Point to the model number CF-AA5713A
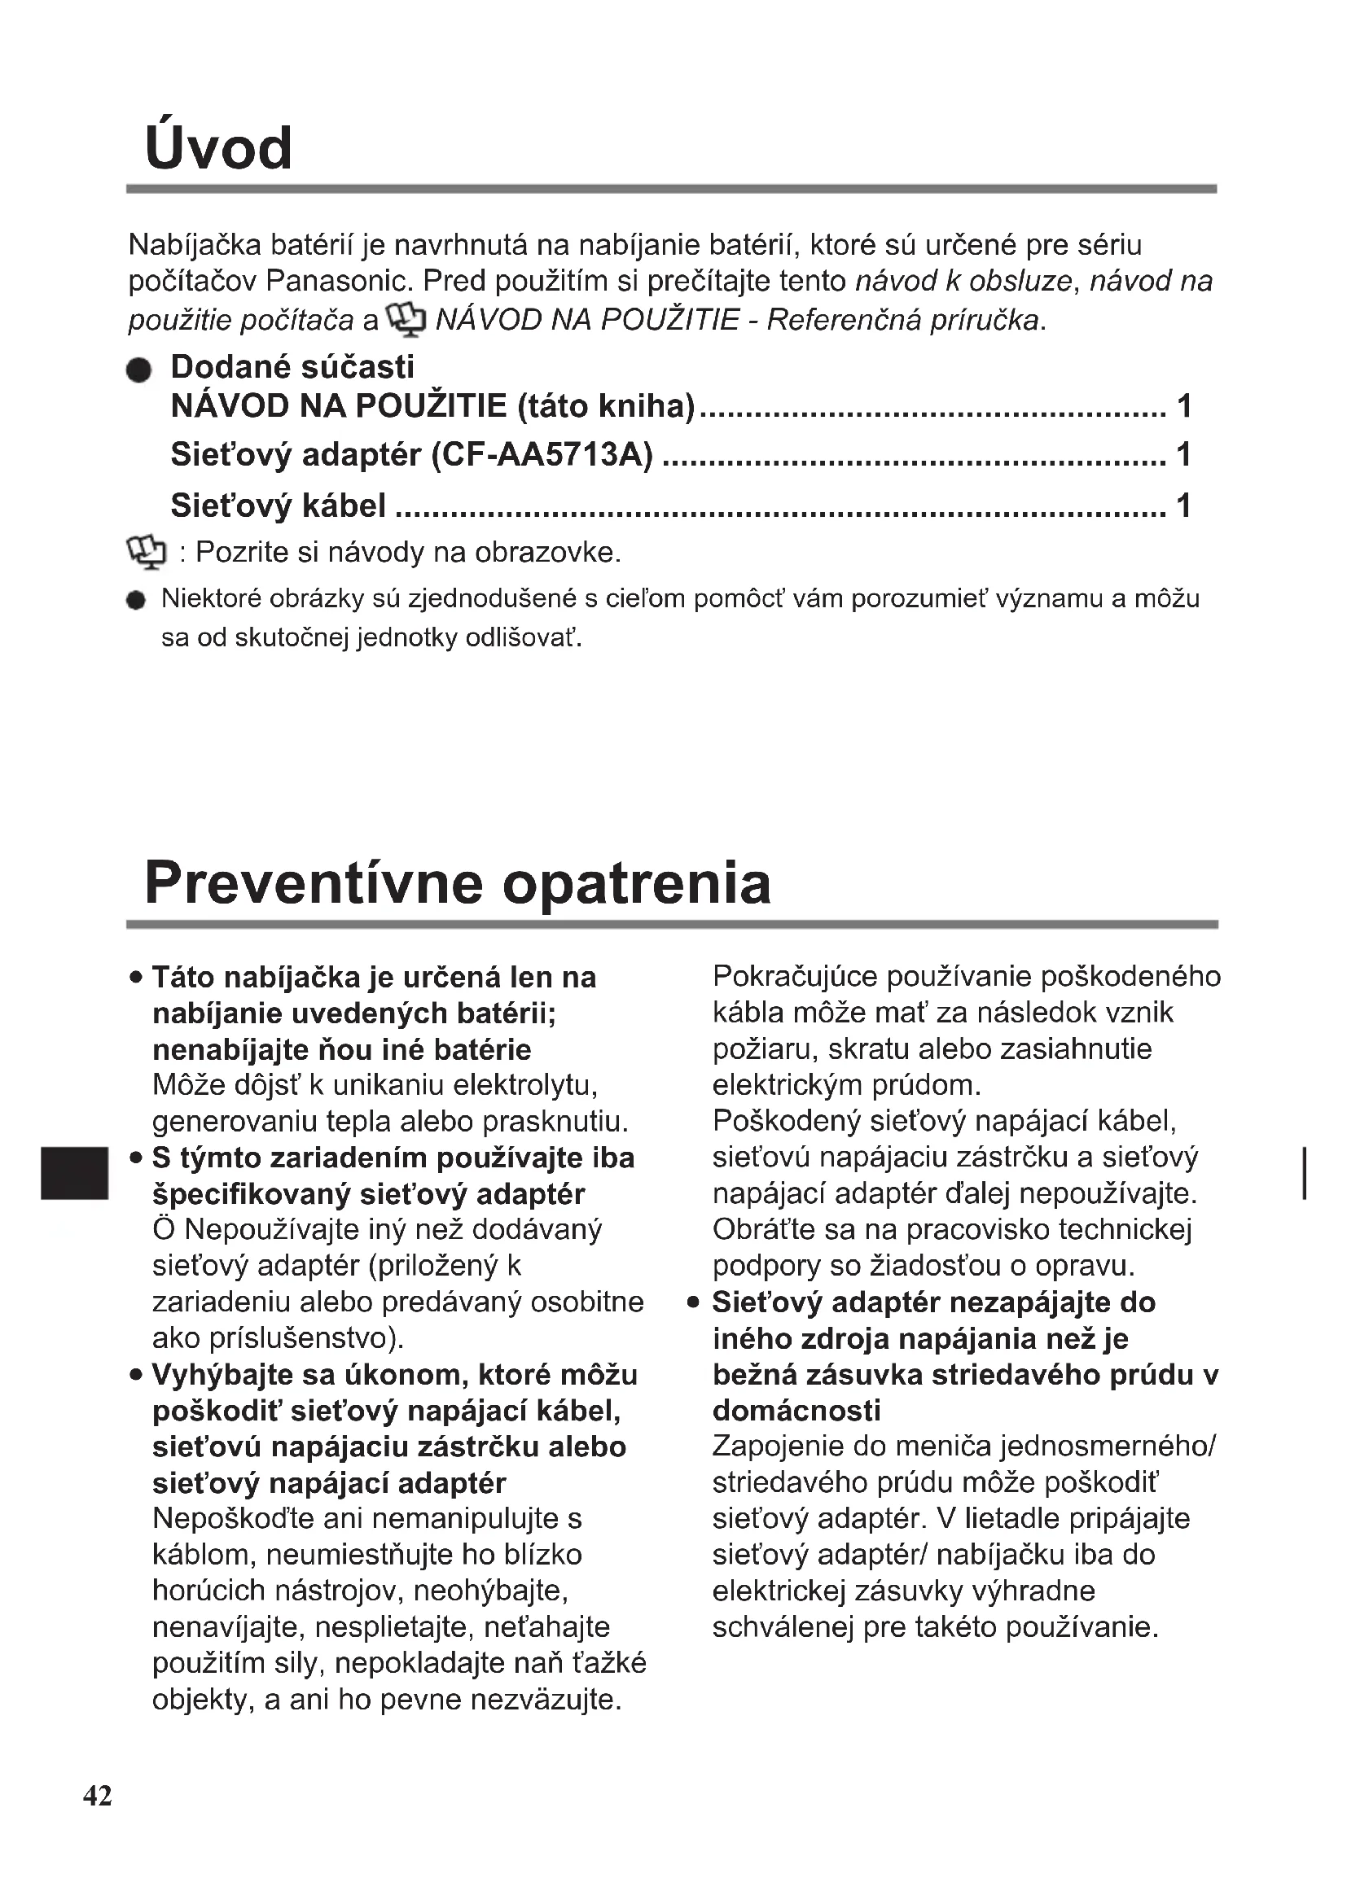click(542, 454)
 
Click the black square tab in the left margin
click(75, 1172)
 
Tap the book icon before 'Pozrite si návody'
click(147, 552)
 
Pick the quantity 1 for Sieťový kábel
click(1183, 505)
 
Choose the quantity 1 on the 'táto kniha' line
click(1183, 406)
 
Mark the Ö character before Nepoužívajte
click(164, 1229)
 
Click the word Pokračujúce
click(795, 977)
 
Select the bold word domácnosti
click(796, 1410)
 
